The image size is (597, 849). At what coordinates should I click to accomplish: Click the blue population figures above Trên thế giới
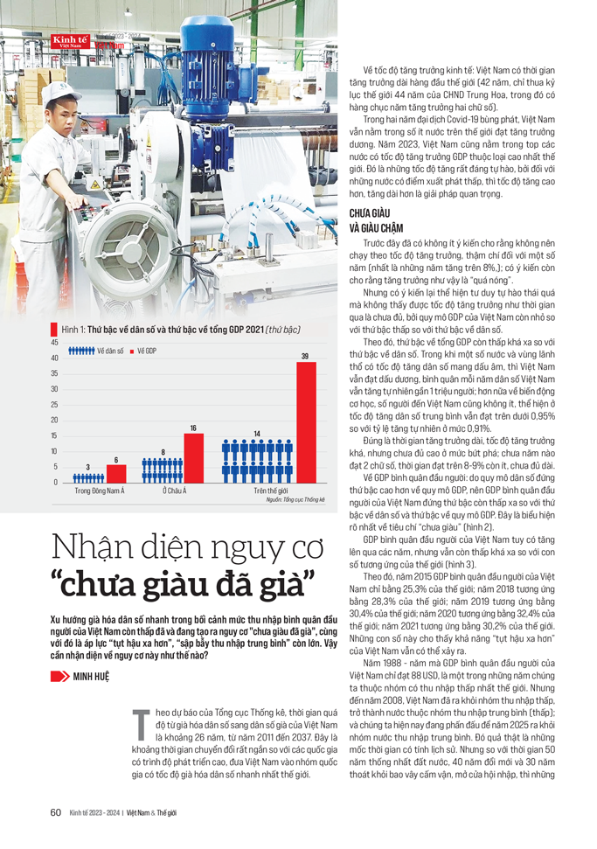pos(257,460)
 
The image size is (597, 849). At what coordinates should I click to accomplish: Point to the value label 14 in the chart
pos(257,434)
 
